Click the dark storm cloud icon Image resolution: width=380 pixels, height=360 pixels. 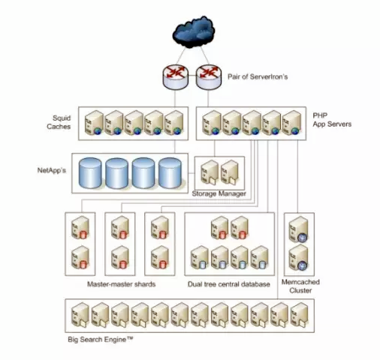click(x=194, y=31)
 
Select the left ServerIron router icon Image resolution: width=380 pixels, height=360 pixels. click(x=175, y=76)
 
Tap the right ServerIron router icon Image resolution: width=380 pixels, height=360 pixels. click(x=209, y=76)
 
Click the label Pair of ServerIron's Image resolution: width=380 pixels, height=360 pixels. click(x=258, y=76)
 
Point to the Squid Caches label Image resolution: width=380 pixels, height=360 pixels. click(x=59, y=122)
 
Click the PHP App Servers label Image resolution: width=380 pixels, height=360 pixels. click(x=332, y=120)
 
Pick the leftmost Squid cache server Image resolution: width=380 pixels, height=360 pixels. click(x=94, y=123)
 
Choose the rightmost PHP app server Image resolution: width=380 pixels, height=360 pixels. click(x=291, y=123)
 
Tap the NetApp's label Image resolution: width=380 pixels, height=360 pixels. click(x=52, y=170)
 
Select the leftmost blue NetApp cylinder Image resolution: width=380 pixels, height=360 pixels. click(x=90, y=173)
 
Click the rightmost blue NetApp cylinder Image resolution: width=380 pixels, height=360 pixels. click(x=170, y=173)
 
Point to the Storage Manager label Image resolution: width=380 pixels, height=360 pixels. click(x=219, y=193)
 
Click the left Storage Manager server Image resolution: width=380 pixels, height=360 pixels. click(x=210, y=172)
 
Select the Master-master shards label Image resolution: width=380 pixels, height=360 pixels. click(x=122, y=284)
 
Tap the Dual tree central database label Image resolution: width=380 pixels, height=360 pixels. click(x=229, y=284)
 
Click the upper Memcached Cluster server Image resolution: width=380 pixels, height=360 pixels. click(x=298, y=229)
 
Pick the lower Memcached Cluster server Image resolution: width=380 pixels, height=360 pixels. click(x=298, y=257)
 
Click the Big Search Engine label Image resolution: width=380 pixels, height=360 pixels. click(x=101, y=340)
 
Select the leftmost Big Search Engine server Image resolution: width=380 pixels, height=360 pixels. click(x=80, y=315)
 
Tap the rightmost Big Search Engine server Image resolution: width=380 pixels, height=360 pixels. click(x=300, y=315)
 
